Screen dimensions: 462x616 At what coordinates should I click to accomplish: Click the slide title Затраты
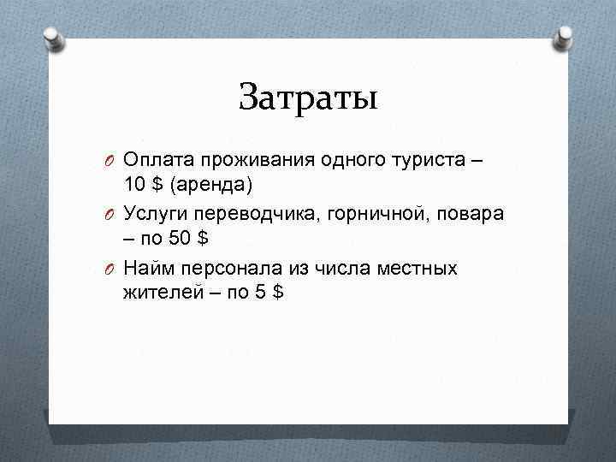(308, 96)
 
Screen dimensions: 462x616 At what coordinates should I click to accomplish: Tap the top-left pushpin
(54, 38)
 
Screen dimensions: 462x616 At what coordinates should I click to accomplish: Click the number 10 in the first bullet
(134, 184)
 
